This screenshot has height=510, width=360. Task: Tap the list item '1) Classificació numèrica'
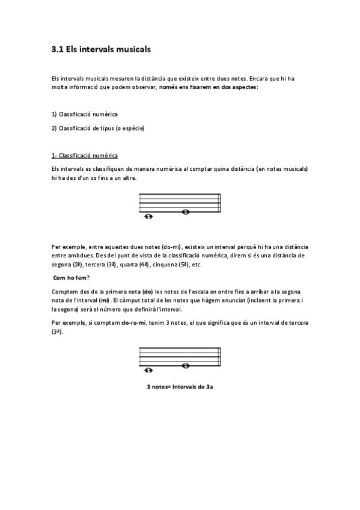[84, 114]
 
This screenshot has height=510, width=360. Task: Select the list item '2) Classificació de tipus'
[97, 127]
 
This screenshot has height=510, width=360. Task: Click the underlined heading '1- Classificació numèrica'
[85, 155]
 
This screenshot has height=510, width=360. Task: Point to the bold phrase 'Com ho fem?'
[72, 277]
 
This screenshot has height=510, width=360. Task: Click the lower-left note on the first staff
[148, 217]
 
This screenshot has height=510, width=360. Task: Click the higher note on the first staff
[186, 212]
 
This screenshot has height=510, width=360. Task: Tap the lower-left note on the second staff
[148, 370]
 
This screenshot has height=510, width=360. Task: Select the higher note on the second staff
[186, 366]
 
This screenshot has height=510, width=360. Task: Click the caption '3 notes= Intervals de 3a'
[180, 387]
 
